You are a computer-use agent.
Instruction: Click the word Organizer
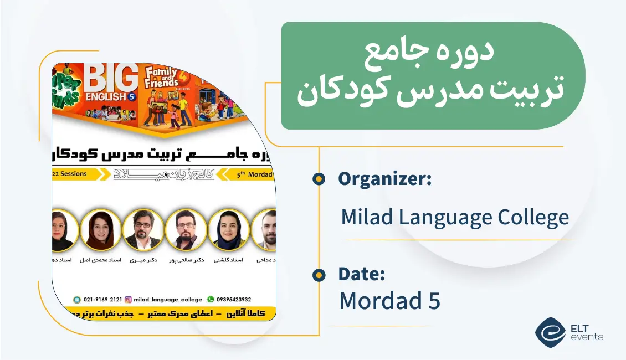click(x=384, y=179)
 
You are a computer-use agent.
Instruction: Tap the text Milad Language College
click(x=455, y=217)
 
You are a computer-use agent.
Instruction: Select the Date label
click(x=361, y=274)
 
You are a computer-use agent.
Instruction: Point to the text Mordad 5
click(x=389, y=301)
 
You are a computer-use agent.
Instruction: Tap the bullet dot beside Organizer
click(x=319, y=178)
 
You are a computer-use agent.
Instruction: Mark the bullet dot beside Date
click(x=319, y=275)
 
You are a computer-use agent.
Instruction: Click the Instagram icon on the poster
click(x=129, y=300)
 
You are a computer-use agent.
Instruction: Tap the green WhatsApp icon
click(x=210, y=300)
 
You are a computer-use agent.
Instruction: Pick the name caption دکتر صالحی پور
click(x=186, y=260)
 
